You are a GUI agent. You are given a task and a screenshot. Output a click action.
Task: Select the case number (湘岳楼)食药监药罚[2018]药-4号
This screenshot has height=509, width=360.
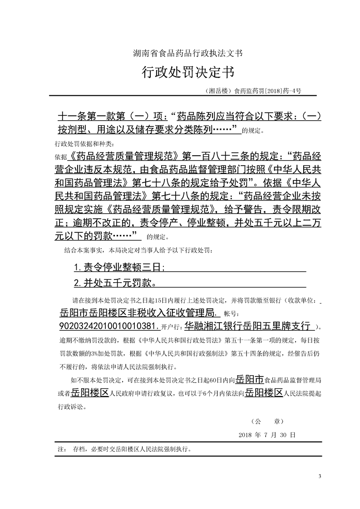click(x=253, y=91)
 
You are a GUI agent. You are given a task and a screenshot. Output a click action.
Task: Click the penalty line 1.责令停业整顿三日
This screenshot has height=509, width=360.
click(x=119, y=267)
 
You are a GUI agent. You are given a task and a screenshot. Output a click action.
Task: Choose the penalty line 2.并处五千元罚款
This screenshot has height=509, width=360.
click(x=115, y=284)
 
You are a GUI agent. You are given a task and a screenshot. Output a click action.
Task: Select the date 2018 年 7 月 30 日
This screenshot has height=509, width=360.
click(x=267, y=435)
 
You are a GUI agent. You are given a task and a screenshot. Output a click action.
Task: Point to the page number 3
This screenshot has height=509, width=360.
click(x=320, y=476)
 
